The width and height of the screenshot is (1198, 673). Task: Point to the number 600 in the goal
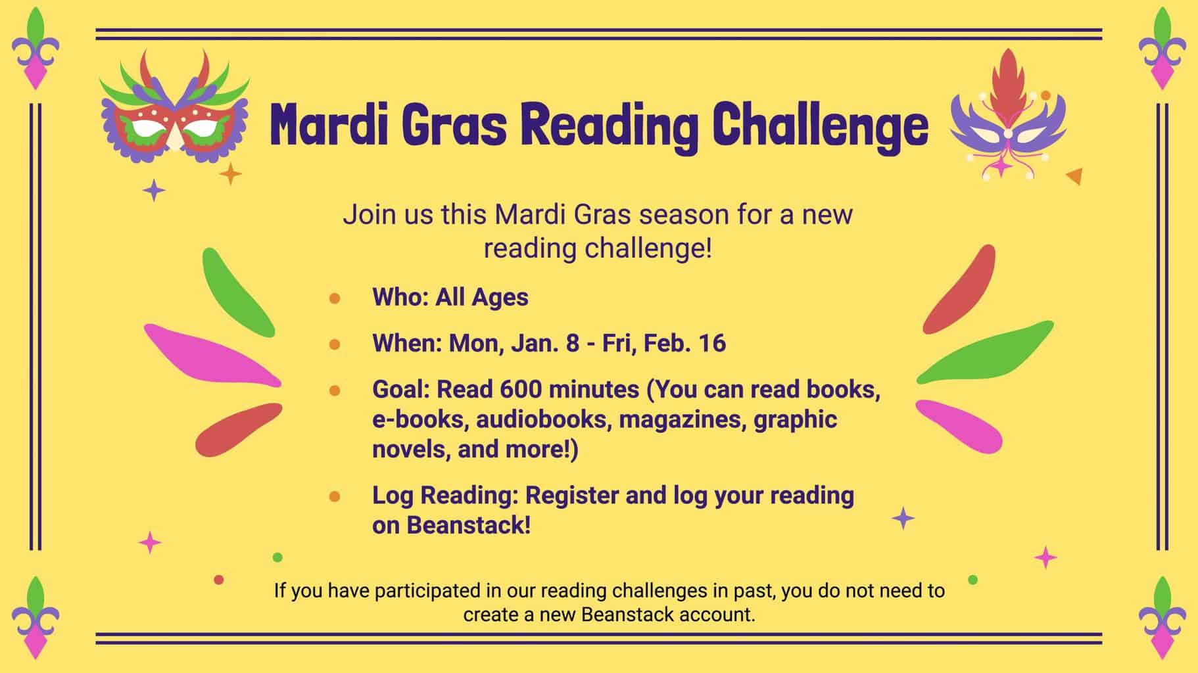pos(521,390)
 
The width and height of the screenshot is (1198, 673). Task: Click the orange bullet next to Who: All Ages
pos(335,298)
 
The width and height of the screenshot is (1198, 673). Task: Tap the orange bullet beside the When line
pos(335,344)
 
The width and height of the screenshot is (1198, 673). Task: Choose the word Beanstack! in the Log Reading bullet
pos(468,526)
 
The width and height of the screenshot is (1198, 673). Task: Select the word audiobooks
pos(541,419)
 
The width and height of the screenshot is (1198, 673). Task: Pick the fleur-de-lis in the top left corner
pos(36,49)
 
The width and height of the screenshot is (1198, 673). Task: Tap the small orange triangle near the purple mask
pos(1074,175)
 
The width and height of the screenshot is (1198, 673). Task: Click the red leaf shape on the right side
pos(960,289)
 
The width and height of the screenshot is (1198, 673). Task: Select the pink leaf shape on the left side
pos(212,356)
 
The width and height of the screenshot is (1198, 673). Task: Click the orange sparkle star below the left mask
pos(230,174)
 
